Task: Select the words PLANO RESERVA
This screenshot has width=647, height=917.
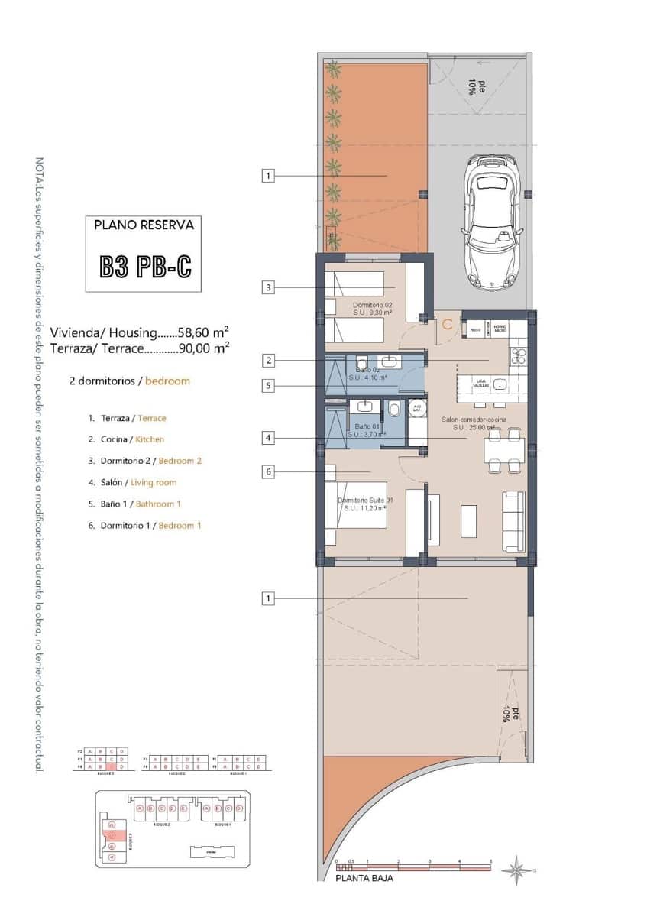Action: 144,225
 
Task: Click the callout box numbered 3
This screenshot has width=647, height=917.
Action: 267,288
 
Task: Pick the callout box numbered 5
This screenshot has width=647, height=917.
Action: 267,386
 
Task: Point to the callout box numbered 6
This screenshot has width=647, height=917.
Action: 267,472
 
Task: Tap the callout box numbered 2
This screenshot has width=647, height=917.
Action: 267,360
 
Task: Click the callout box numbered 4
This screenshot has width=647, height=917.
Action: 267,438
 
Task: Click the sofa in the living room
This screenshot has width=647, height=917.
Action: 513,521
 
